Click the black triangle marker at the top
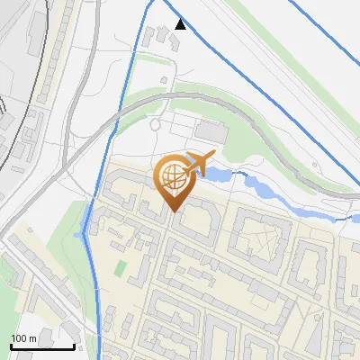pos(181,24)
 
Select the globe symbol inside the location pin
pos(172,175)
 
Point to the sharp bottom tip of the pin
pos(173,211)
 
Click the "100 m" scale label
pos(22,338)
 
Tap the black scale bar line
pos(41,346)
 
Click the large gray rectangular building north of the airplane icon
pos(213,131)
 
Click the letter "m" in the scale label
pos(31,338)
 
